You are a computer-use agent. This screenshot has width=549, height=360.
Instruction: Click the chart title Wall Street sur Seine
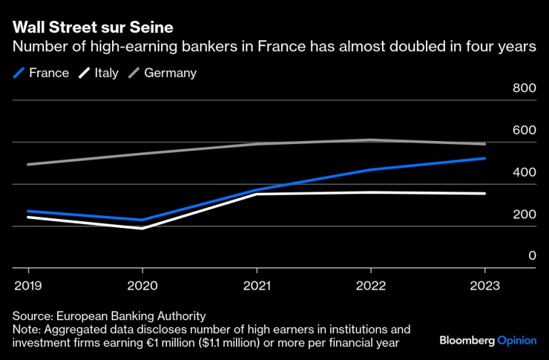click(93, 28)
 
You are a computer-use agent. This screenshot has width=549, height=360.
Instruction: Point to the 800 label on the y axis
click(524, 88)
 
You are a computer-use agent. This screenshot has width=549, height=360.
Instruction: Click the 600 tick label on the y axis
click(524, 130)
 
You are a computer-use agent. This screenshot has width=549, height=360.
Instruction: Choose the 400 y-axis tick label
click(524, 172)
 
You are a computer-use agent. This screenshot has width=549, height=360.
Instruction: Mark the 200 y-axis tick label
click(524, 215)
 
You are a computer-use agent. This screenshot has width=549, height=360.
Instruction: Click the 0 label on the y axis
click(532, 256)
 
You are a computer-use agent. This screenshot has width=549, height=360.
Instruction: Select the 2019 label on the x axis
click(28, 285)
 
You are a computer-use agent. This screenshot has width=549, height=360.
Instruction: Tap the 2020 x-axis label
click(142, 285)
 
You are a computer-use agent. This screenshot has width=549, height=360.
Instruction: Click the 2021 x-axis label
click(257, 285)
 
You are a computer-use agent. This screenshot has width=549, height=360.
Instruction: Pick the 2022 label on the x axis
click(371, 285)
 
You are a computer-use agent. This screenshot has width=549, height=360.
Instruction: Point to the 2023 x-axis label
click(485, 285)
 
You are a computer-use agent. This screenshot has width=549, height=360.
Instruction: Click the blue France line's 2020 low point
click(142, 220)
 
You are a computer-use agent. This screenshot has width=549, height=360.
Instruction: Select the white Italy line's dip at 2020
click(142, 228)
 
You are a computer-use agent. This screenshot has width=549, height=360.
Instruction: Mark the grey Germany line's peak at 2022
click(371, 140)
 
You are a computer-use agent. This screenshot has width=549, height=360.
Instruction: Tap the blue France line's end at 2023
click(485, 158)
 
